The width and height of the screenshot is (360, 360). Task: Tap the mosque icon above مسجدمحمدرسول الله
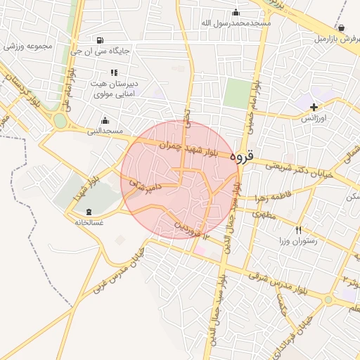(x=236, y=12)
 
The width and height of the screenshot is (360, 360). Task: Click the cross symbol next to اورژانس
(x=314, y=107)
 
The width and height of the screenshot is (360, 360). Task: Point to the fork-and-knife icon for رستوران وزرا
(x=299, y=230)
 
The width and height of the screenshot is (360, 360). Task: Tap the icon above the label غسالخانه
(x=89, y=212)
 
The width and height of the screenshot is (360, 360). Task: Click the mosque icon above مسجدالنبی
(x=105, y=120)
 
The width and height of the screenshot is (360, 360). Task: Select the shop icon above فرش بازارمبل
(x=341, y=27)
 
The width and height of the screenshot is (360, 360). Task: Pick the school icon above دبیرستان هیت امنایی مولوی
(x=113, y=72)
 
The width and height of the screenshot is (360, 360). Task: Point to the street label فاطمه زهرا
(x=262, y=197)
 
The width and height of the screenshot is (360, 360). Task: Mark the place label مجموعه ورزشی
(x=28, y=46)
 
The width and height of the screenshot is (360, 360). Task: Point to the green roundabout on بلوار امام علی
(x=60, y=121)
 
